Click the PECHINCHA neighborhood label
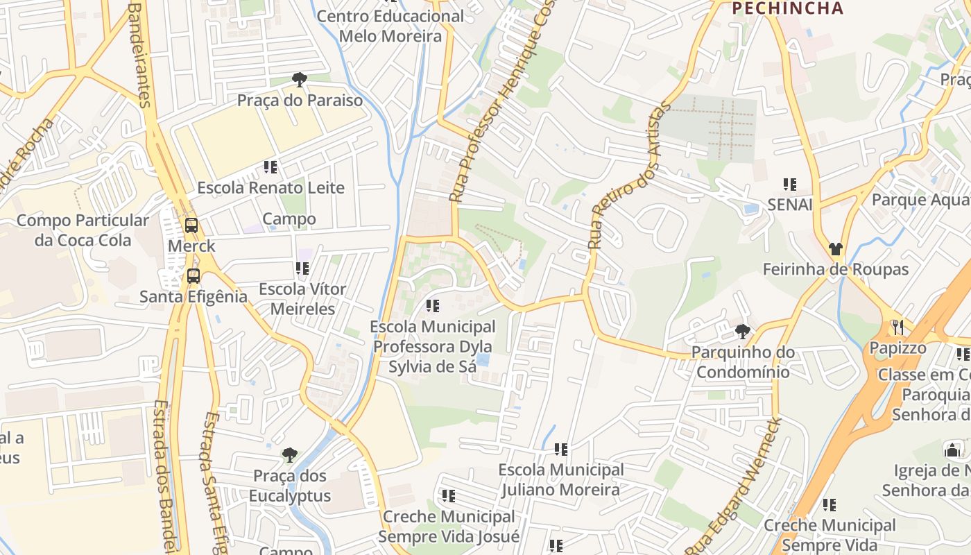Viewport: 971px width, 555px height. point(788,8)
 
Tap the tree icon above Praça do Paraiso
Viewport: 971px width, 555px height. point(300,80)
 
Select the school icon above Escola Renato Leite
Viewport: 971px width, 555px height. point(270,167)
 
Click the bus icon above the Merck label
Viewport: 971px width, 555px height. point(191,225)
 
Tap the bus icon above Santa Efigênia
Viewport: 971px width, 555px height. point(194,276)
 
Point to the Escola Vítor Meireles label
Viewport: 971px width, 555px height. point(302,298)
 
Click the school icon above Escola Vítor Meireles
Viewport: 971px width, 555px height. point(302,268)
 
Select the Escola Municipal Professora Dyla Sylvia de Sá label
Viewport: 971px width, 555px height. point(433,346)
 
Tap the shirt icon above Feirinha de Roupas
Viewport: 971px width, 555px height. point(835,249)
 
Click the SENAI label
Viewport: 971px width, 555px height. point(789,205)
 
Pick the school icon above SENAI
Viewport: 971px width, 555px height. point(789,185)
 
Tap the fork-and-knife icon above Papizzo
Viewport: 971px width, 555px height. point(897,327)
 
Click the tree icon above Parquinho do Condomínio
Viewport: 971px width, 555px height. point(742,332)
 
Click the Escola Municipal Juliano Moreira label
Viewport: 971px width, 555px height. point(561,479)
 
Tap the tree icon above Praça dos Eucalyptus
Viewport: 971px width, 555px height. point(290,456)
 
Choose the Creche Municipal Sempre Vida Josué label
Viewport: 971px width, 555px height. point(449,527)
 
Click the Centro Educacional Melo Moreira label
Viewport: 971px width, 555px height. point(380,26)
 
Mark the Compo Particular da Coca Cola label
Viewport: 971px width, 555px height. point(83,230)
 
